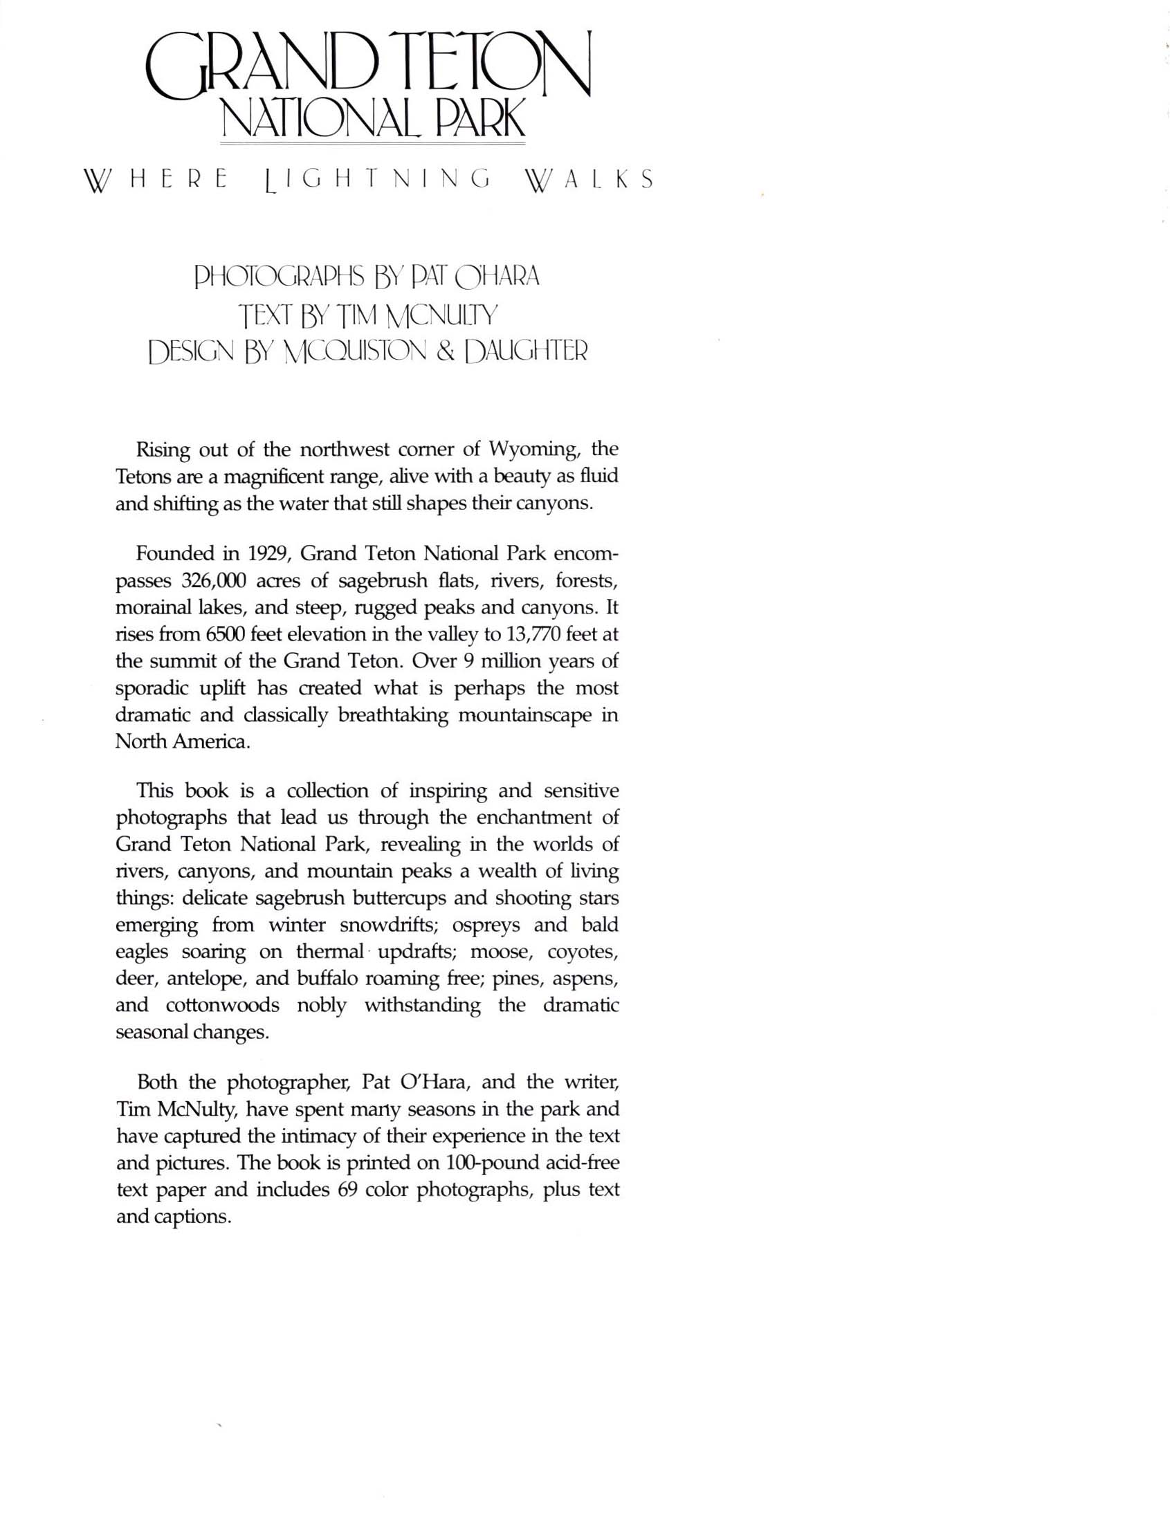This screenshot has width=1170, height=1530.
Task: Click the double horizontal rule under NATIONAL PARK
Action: coord(373,143)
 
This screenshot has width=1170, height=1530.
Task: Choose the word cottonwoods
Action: coord(222,1006)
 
